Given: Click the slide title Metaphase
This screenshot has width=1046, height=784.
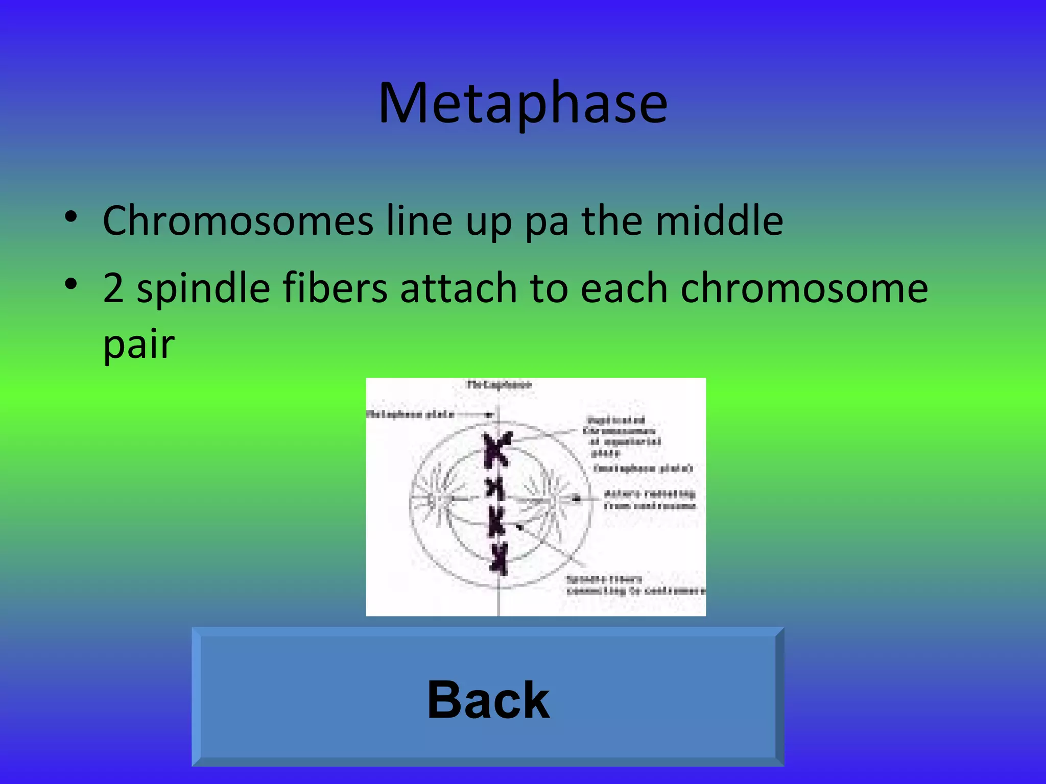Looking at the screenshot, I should pyautogui.click(x=522, y=104).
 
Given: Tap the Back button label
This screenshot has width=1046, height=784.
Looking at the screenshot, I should pyautogui.click(x=488, y=700).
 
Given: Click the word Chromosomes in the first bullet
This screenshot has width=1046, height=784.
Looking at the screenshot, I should pyautogui.click(x=238, y=220).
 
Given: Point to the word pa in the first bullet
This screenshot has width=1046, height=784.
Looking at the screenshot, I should pyautogui.click(x=546, y=224).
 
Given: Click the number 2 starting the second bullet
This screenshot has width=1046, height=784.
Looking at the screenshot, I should pyautogui.click(x=113, y=288).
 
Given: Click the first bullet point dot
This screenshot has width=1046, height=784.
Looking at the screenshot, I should pyautogui.click(x=71, y=217).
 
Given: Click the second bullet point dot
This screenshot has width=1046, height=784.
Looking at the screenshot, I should pyautogui.click(x=71, y=284).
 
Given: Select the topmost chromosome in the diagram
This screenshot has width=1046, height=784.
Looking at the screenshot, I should pyautogui.click(x=497, y=449).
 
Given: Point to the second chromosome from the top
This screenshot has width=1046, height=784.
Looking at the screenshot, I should pyautogui.click(x=495, y=488).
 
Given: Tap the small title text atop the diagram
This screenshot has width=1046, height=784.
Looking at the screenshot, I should pyautogui.click(x=499, y=385).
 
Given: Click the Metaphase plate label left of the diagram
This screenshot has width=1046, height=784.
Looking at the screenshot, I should pyautogui.click(x=410, y=414).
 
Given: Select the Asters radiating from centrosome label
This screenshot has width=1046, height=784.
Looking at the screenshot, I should pyautogui.click(x=649, y=500).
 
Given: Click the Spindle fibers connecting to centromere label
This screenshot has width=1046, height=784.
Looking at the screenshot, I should pyautogui.click(x=635, y=585).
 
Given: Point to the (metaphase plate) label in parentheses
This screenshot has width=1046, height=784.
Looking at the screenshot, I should pyautogui.click(x=643, y=468).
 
